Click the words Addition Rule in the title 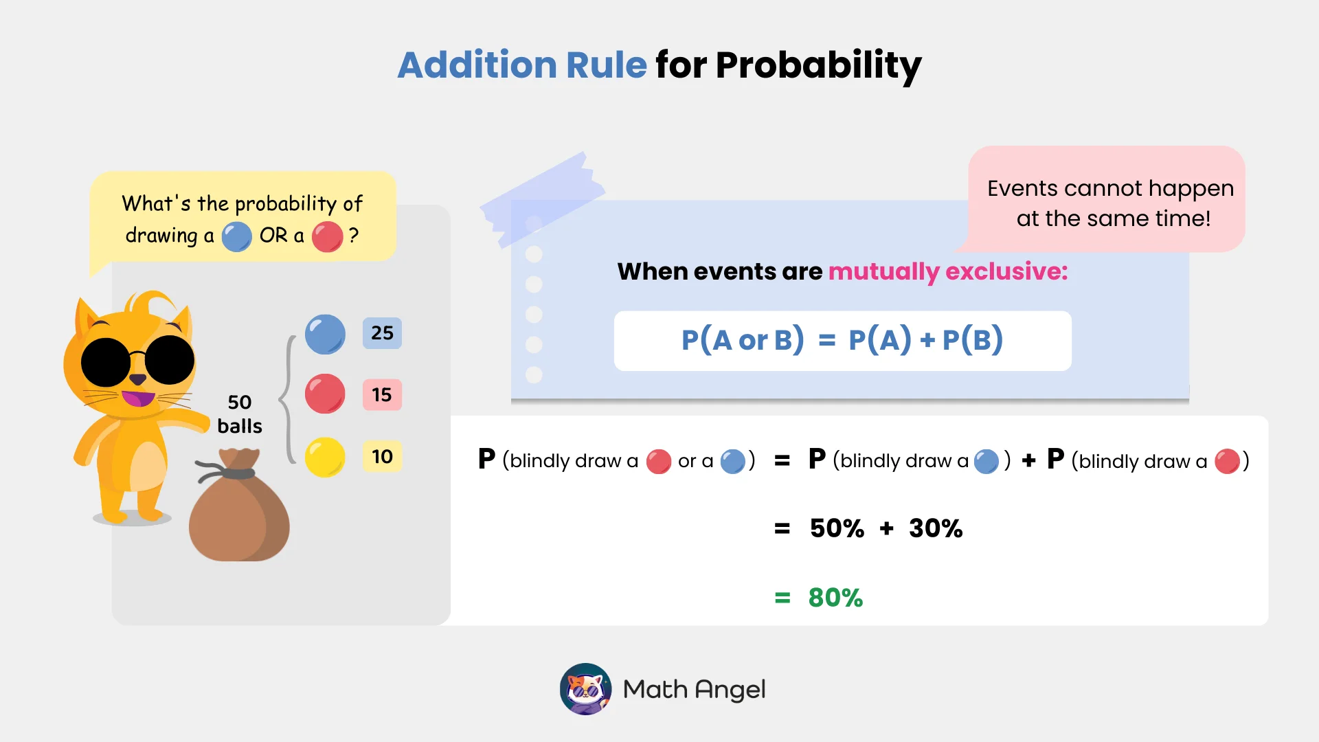click(522, 65)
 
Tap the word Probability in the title click(818, 65)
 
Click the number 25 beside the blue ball click(382, 333)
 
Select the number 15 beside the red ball click(382, 395)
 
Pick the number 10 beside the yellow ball click(382, 457)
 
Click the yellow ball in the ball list click(325, 457)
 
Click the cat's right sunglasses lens click(170, 360)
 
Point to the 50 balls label click(239, 414)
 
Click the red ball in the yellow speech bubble click(327, 237)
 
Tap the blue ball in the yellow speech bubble click(236, 237)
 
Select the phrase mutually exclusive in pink click(948, 271)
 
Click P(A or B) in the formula click(743, 340)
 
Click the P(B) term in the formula click(972, 340)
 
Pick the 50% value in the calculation click(837, 528)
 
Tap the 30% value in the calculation click(936, 528)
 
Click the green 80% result click(835, 598)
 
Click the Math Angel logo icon click(585, 688)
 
